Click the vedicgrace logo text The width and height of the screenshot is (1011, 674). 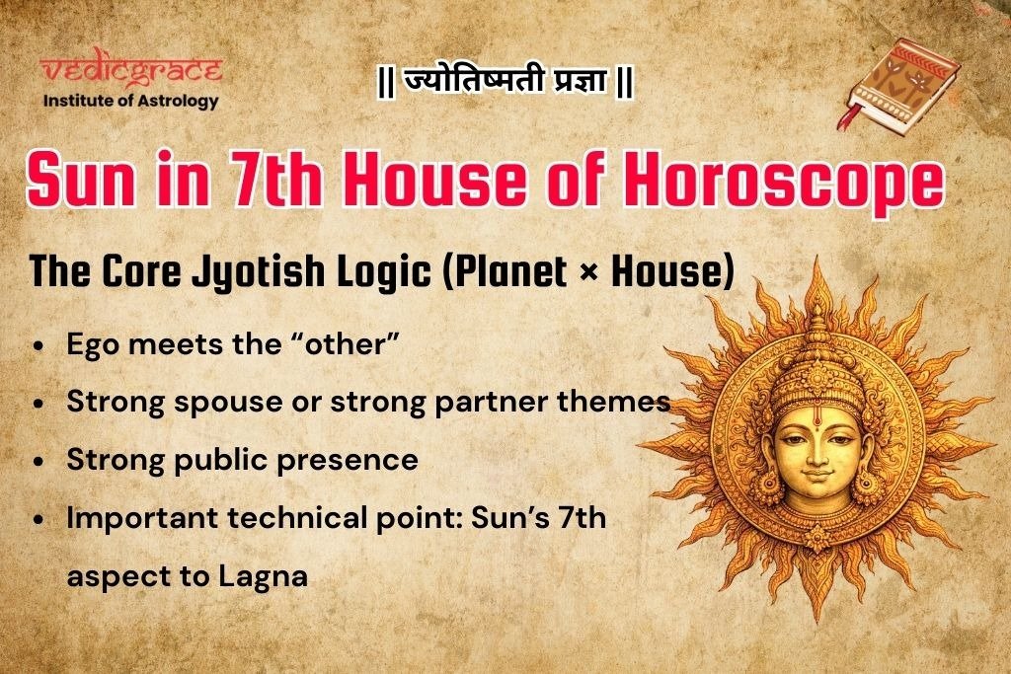[131, 72]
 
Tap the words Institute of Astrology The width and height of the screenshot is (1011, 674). [131, 100]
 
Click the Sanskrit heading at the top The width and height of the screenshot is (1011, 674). [505, 82]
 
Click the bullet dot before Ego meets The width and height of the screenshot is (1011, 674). [39, 347]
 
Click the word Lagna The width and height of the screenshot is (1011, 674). [267, 575]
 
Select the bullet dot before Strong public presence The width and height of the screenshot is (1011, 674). [39, 462]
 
